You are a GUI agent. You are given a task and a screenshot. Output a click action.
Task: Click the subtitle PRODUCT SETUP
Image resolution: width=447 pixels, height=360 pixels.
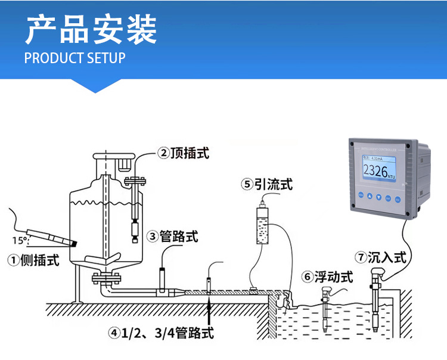(x=75, y=58)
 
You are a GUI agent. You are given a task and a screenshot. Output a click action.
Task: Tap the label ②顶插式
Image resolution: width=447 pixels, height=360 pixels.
(x=184, y=153)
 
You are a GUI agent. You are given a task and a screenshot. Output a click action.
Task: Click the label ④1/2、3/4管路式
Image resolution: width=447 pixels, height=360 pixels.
(x=161, y=333)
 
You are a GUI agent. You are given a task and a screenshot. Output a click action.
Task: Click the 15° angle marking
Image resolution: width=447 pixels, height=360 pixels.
(x=18, y=240)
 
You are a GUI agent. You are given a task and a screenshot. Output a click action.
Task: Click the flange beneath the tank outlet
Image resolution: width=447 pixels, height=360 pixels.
(x=107, y=277)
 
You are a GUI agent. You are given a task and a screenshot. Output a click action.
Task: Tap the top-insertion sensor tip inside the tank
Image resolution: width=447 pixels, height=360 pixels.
(x=134, y=229)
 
